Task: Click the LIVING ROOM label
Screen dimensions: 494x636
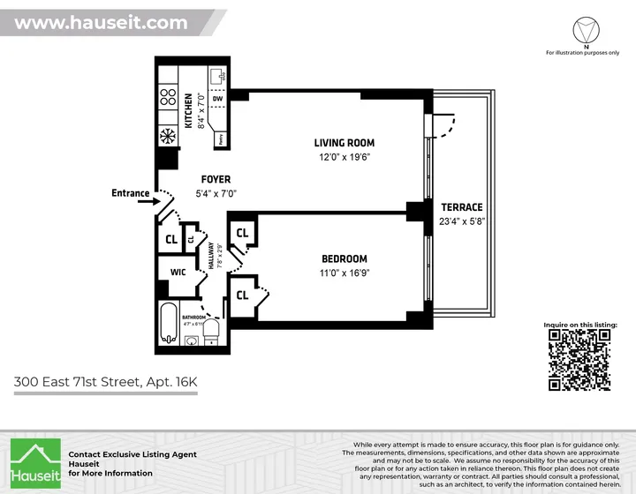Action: (344, 143)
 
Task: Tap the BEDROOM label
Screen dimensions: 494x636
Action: (344, 258)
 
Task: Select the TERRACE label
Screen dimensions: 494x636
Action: (462, 207)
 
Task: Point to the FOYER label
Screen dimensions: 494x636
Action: (216, 179)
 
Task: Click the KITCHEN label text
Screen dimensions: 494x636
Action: (188, 109)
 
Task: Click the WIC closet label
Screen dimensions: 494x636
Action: (177, 273)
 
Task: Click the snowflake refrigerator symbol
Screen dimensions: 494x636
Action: (167, 137)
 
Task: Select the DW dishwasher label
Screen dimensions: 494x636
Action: (216, 98)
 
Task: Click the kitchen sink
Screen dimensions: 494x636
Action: (216, 76)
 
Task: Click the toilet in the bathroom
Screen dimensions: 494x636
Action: (210, 331)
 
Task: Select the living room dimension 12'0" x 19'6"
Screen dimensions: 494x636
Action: (344, 158)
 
